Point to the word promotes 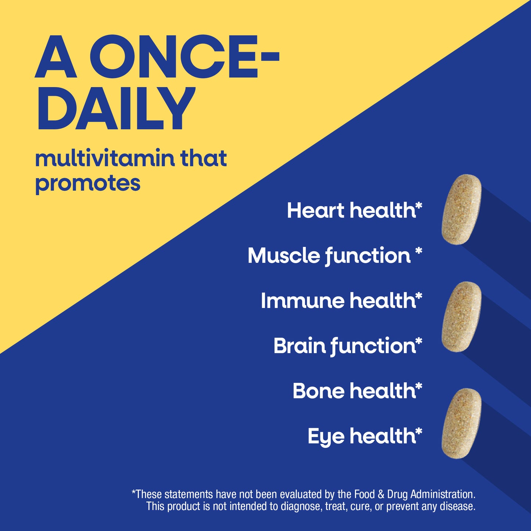88,183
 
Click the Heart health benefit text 354,211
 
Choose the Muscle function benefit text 334,255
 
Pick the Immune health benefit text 341,301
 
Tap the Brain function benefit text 347,346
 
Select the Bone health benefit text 357,391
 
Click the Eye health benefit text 365,436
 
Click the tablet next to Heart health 462,209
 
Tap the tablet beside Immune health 462,317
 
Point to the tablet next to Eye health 462,423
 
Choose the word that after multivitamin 203,158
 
